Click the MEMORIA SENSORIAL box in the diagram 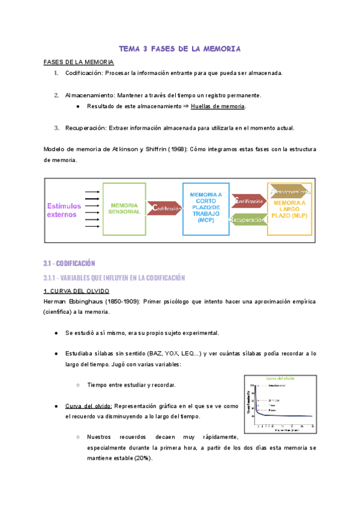click(x=125, y=208)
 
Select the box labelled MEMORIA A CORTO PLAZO click(x=205, y=207)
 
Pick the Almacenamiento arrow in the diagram click(x=290, y=191)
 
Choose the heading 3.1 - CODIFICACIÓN click(x=70, y=263)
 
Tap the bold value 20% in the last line click(x=143, y=458)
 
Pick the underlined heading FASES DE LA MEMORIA click(x=79, y=62)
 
